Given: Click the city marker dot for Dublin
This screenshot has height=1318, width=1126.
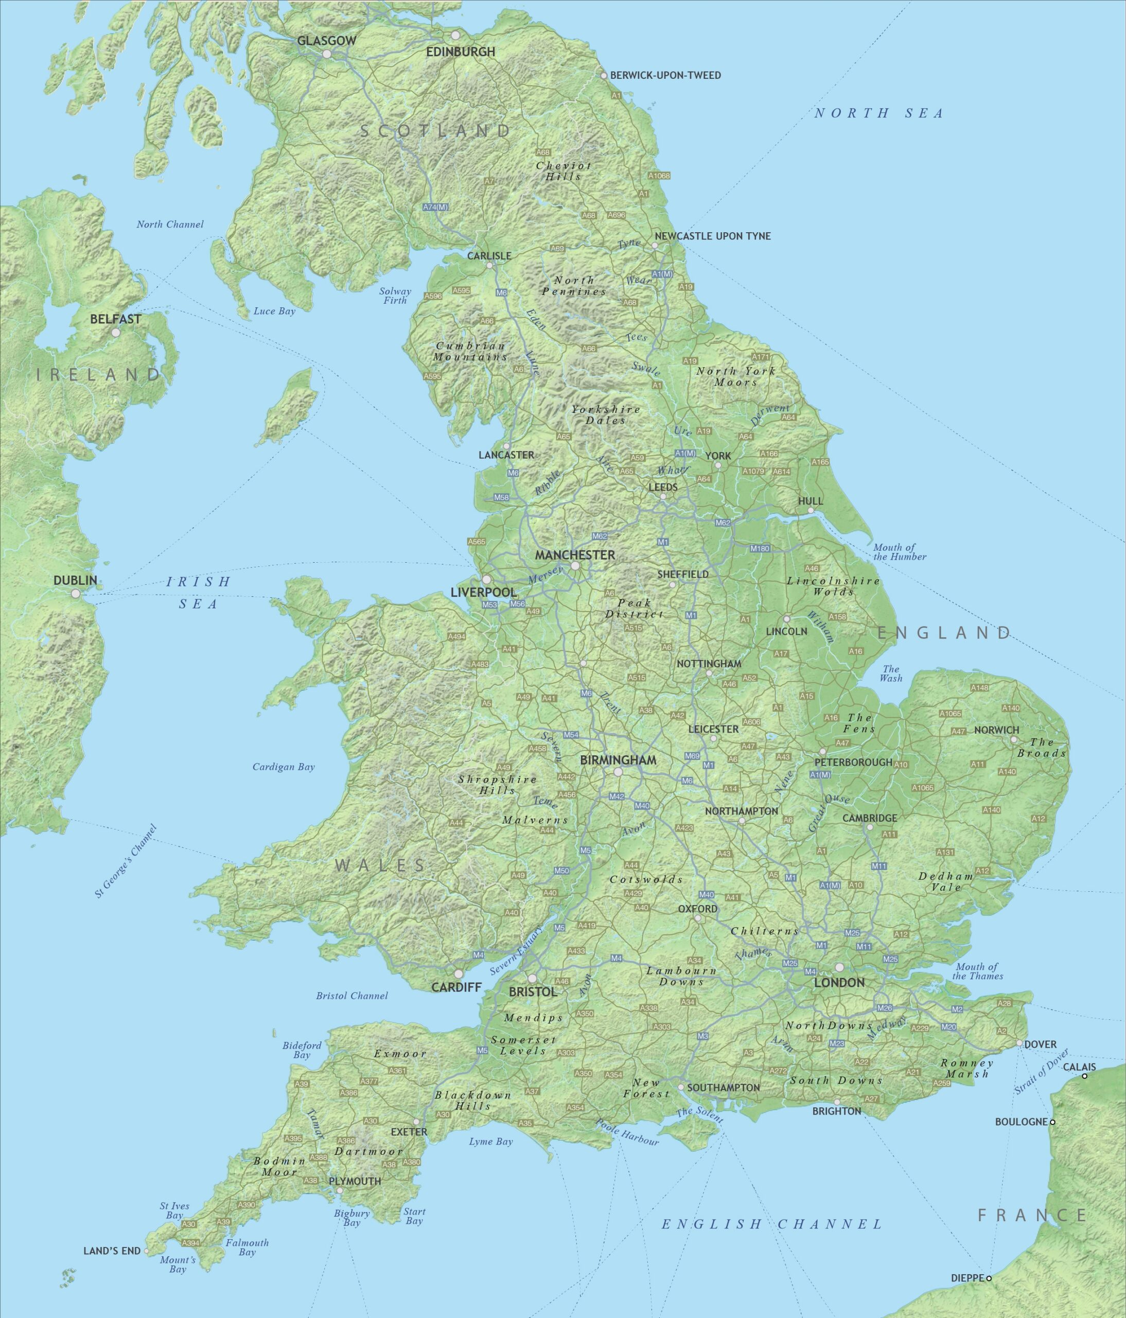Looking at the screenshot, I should click(76, 594).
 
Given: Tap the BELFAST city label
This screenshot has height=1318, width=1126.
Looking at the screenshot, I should click(116, 319).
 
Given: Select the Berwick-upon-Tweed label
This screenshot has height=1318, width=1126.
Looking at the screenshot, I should click(665, 75).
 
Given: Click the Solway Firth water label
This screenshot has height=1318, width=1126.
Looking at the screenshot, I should click(395, 296).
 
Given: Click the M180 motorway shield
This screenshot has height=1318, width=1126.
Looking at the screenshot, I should click(760, 548).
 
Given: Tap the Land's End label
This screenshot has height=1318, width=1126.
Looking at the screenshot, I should click(112, 1251).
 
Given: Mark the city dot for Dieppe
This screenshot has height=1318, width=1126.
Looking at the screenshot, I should click(989, 1278).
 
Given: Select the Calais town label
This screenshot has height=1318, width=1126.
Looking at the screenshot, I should click(1080, 1067).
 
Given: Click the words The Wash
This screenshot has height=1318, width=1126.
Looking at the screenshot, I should click(891, 673).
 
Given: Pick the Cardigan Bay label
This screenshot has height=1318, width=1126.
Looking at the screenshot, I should click(284, 767).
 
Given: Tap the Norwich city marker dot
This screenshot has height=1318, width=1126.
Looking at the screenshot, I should click(1014, 740).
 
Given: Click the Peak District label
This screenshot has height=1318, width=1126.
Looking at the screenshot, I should click(634, 608).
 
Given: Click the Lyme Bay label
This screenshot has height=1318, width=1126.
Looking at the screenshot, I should click(491, 1141).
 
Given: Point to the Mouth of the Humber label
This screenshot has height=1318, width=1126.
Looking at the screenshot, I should click(899, 551).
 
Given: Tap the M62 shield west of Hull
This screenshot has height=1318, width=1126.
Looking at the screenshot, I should click(723, 523).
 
